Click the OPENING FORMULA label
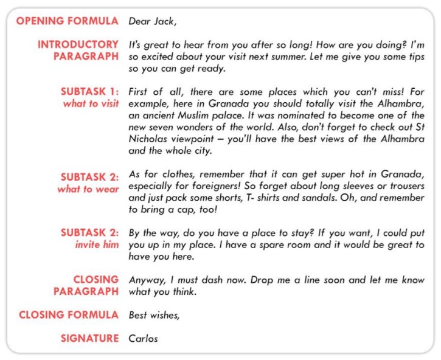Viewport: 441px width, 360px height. click(x=67, y=21)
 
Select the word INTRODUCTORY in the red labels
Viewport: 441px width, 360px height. click(x=78, y=44)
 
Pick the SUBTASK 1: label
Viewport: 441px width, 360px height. click(x=89, y=91)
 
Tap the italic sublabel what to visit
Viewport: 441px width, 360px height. click(x=91, y=103)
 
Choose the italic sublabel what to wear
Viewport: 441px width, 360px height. click(x=88, y=189)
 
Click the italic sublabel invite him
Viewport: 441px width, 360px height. click(x=97, y=244)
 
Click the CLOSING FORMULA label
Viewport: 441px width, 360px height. click(x=68, y=315)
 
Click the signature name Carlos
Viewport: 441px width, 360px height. click(x=143, y=338)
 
